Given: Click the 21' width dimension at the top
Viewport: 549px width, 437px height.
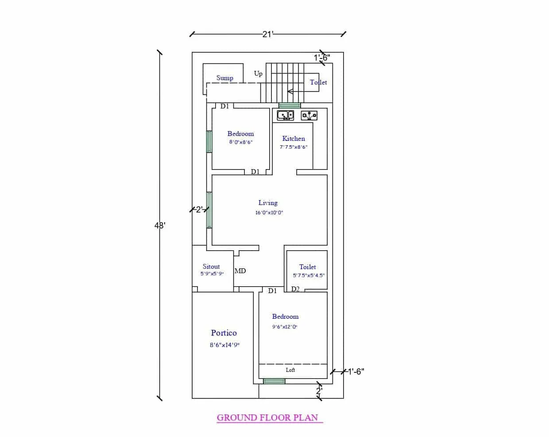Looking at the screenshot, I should click(268, 34).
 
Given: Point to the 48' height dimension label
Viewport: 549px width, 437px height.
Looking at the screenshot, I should click(160, 225).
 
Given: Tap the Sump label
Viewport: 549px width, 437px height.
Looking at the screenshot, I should click(224, 78).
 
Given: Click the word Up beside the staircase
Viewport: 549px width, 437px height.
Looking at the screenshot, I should click(258, 73).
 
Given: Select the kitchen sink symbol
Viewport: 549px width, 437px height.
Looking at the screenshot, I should click(285, 116).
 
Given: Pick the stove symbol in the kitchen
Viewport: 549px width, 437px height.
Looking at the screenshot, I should click(309, 116).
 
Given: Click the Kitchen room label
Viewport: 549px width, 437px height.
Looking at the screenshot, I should click(294, 139).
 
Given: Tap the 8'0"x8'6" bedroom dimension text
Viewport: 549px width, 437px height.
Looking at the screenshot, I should click(240, 142).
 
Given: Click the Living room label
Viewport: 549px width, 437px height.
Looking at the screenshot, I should click(268, 203).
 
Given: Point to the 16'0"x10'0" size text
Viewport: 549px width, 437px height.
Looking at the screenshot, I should click(269, 213).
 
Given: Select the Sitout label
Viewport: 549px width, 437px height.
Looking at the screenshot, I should click(211, 267).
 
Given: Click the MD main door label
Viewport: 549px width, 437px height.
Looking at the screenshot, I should click(240, 271).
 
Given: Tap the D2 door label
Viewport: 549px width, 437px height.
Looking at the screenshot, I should click(295, 289).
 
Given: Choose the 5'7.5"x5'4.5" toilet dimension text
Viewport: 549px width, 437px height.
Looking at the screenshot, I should click(309, 275).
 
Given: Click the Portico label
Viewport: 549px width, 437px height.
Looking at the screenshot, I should click(224, 333).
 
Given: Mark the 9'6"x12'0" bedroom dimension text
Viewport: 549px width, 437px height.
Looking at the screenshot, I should click(285, 327).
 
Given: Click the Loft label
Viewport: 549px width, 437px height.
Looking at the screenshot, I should click(290, 370).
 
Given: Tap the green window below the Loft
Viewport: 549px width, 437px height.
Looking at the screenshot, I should click(274, 381).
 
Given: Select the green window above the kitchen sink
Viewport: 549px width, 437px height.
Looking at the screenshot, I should click(290, 105).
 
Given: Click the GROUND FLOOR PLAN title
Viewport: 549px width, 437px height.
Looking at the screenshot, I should click(267, 418).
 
